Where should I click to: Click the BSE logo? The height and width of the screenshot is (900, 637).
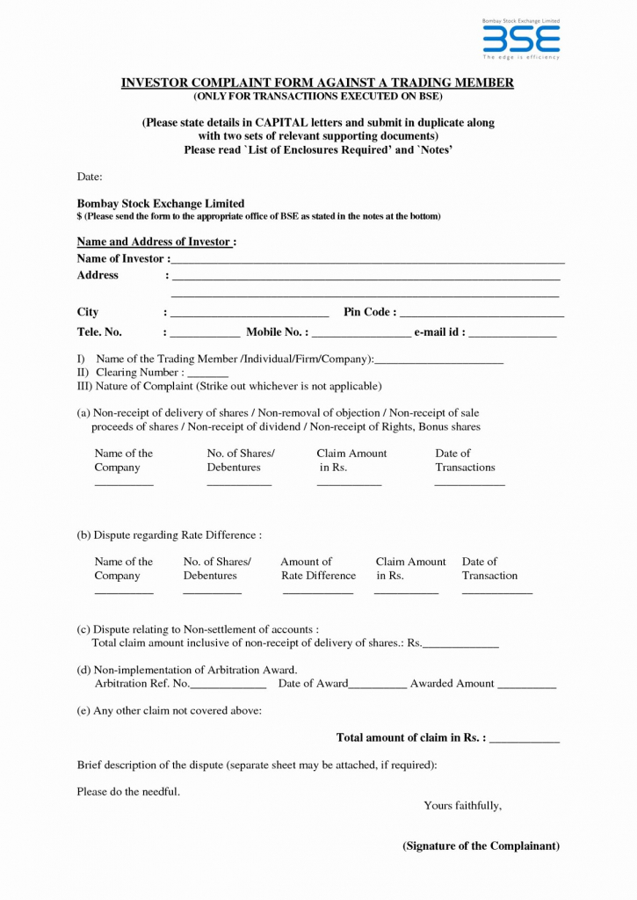click(521, 40)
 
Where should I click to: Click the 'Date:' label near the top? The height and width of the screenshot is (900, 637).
click(90, 178)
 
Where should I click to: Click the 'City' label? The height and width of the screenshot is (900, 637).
click(88, 312)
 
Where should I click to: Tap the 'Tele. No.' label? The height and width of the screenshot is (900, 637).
click(99, 332)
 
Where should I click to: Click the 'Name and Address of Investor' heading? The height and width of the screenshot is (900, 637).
click(155, 242)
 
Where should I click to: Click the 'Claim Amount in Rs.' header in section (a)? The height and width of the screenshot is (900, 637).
click(351, 461)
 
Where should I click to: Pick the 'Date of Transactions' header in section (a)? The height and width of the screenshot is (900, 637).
click(465, 461)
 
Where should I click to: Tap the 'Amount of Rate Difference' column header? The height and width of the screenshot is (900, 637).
click(317, 569)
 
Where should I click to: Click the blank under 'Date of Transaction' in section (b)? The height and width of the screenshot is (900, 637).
click(496, 593)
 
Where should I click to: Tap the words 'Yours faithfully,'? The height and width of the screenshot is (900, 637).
click(462, 805)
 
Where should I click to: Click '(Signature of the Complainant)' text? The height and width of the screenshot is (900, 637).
click(481, 846)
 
